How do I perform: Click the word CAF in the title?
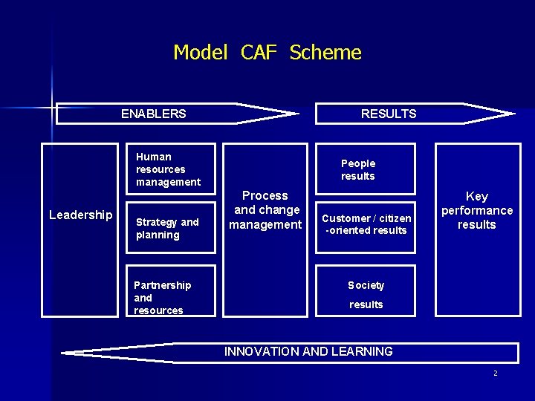click(258, 53)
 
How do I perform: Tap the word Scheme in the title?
click(325, 53)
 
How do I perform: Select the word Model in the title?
click(200, 53)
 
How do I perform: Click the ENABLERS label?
click(154, 114)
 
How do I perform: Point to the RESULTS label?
click(389, 114)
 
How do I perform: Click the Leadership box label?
click(80, 215)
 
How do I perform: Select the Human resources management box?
click(170, 169)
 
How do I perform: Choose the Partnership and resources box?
click(170, 297)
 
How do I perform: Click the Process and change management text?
click(265, 210)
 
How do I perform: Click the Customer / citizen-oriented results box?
click(366, 224)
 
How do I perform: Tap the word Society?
click(366, 285)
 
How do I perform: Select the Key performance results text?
click(477, 210)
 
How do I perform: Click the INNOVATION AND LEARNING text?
click(308, 351)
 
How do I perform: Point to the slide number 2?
click(496, 373)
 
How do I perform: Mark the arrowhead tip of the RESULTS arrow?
click(512, 114)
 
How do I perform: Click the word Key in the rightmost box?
click(477, 196)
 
